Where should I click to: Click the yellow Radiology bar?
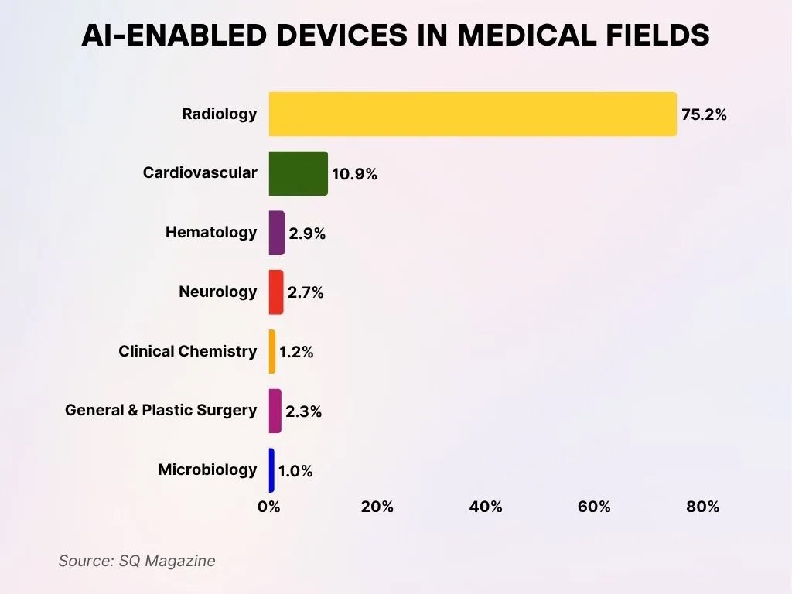coord(473,114)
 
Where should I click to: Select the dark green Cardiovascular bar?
coord(299,173)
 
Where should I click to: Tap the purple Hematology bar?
coord(277,233)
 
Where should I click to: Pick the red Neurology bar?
coord(276,292)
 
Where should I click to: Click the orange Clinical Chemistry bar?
coord(272,352)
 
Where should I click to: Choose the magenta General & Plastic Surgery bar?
coord(275,411)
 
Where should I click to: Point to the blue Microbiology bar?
coord(271,470)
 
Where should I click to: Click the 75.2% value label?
coord(704,114)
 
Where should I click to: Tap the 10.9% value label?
coord(354,175)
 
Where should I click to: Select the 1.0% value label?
coord(295,471)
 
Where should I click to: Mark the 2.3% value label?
coord(303,412)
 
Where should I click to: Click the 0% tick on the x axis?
coord(268,507)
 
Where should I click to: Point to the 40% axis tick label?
coord(486,507)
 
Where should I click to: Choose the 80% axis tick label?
coord(702,507)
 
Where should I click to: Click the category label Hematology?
coord(211,232)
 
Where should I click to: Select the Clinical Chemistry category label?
coord(187,351)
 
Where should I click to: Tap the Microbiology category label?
coord(207,469)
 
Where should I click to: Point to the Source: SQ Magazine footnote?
coord(137,561)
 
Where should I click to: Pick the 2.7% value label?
coord(306,293)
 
